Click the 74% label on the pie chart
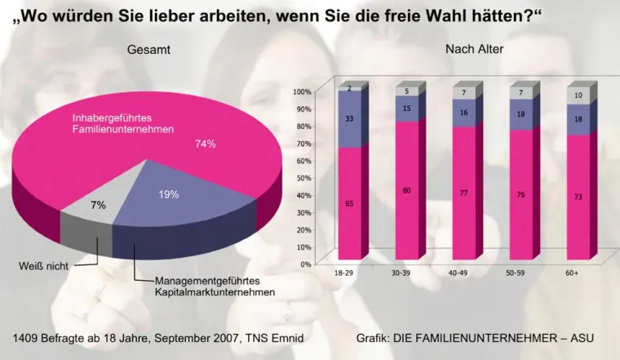tap(205, 144)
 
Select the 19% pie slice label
tap(169, 194)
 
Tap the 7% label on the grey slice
tap(98, 206)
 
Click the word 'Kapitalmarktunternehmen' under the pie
tap(215, 291)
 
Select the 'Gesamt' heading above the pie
tap(148, 51)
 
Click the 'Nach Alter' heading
tap(474, 49)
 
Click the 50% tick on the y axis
tap(303, 178)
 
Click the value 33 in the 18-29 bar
tap(349, 119)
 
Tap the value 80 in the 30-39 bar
tap(405, 191)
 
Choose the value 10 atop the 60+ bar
tap(578, 96)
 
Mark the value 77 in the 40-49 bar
tap(463, 194)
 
